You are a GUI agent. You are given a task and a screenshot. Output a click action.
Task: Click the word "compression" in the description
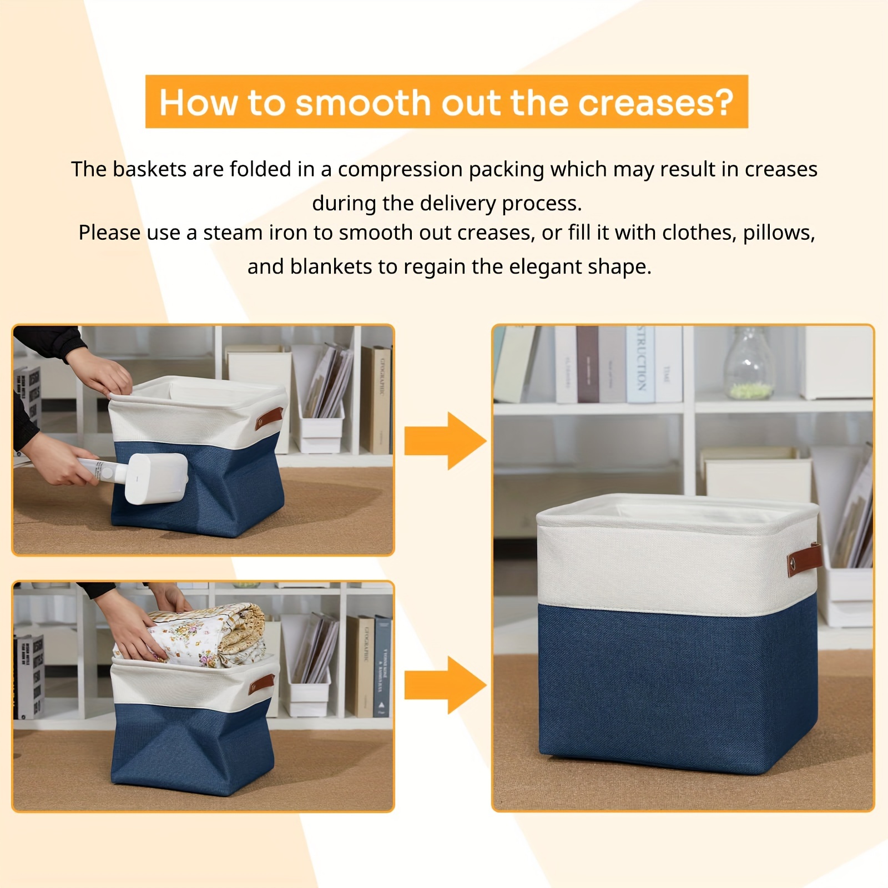400,169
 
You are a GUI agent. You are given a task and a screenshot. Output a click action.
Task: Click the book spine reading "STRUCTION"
640,364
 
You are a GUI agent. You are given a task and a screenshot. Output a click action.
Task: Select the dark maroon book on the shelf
587,364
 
